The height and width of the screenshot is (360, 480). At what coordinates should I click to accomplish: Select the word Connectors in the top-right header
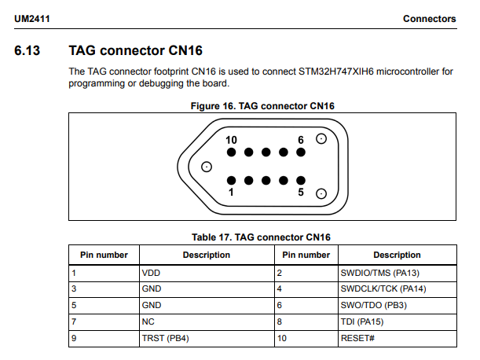[429, 18]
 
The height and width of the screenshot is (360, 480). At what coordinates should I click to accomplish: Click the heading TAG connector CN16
[135, 51]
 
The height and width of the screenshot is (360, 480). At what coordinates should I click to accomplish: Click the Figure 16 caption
[263, 106]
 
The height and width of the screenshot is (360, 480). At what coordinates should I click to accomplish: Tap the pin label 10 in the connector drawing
[231, 140]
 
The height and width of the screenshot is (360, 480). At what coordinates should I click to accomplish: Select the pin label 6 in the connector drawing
[300, 140]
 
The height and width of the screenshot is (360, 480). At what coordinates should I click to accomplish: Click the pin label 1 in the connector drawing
[231, 192]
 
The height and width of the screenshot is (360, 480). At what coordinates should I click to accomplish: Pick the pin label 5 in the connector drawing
[301, 192]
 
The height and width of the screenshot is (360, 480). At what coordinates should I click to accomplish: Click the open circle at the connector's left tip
[207, 167]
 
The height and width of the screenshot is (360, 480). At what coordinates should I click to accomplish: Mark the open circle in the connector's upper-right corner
[321, 139]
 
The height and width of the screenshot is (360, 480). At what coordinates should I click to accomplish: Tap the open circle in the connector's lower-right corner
[321, 193]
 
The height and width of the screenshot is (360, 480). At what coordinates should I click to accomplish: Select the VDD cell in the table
[150, 273]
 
